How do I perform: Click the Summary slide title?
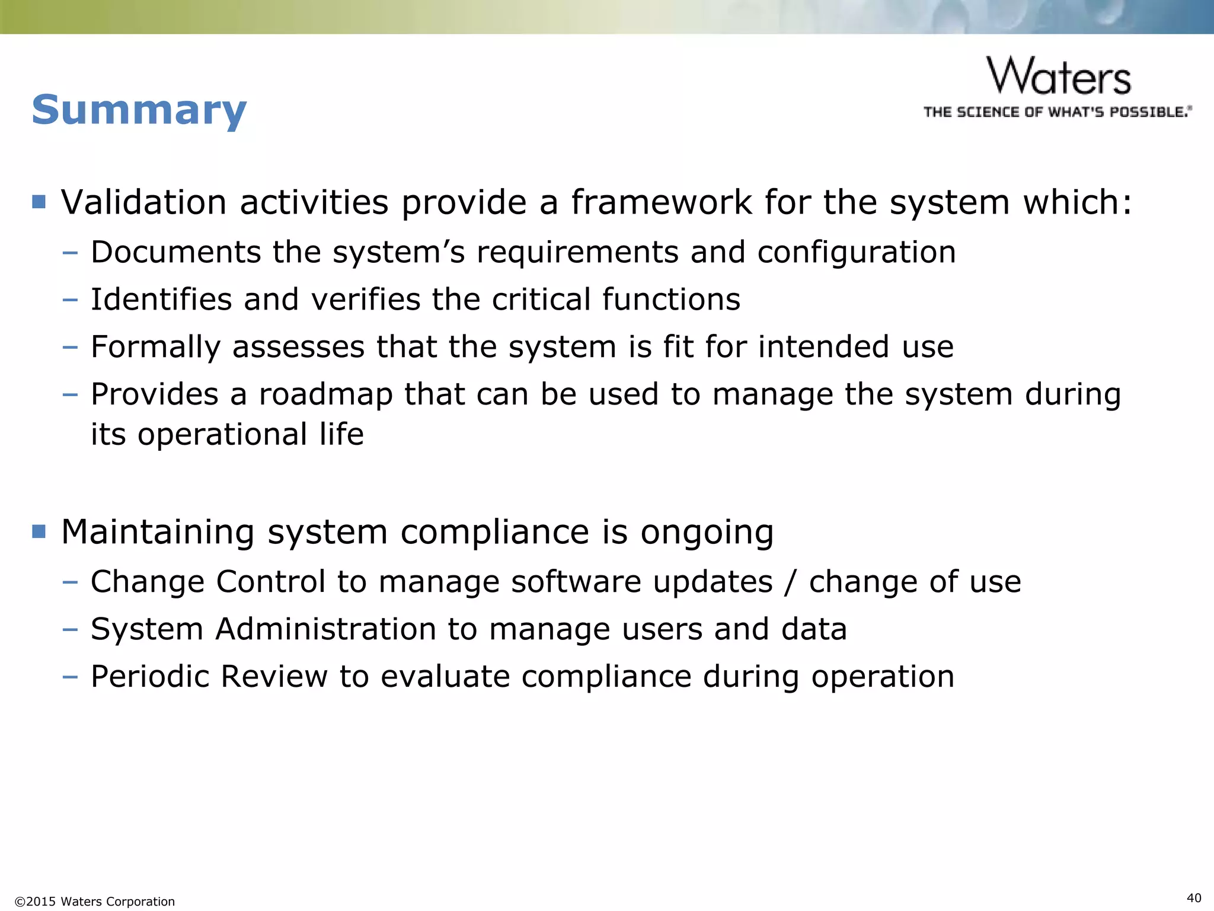coord(139,110)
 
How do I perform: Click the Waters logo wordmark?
coord(1059,77)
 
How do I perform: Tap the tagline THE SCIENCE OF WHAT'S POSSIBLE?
coord(1057,112)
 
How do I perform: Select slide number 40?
coord(1194,897)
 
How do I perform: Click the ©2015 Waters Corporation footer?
coord(95,902)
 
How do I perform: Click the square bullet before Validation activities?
coord(39,202)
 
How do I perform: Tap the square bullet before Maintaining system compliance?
coord(39,531)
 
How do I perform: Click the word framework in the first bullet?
coord(660,202)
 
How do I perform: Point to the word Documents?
coord(175,252)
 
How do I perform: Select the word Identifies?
coord(161,300)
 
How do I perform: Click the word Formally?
coord(155,347)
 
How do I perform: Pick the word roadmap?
coord(325,394)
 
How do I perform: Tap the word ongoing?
coord(707,532)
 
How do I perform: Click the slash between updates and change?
coord(789,582)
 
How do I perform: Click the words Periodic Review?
coord(209,676)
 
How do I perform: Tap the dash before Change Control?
coord(70,582)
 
